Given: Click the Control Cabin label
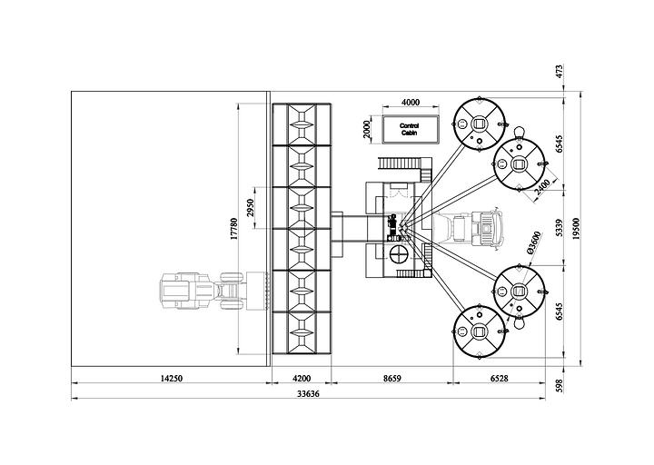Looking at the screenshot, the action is click(409, 129).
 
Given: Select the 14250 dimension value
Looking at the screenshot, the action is click(172, 378).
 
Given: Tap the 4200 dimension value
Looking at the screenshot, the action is click(302, 378).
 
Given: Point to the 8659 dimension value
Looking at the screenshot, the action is click(392, 378).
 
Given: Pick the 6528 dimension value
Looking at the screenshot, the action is click(500, 378).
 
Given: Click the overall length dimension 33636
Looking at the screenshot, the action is click(308, 393).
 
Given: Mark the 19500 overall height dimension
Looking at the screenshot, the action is click(577, 229).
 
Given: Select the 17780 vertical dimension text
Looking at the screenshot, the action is click(234, 229).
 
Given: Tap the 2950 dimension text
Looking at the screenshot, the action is click(250, 208).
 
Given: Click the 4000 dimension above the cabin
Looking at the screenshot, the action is click(411, 103).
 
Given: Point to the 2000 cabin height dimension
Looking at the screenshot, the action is click(367, 129).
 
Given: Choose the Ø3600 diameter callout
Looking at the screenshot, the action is click(533, 242).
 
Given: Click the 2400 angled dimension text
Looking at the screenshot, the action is click(542, 187).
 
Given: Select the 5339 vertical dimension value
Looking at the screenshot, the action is click(560, 228).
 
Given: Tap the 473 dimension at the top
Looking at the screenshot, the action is click(560, 71).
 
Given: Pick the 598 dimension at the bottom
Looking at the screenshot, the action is click(560, 386).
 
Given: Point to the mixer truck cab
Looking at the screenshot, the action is click(486, 228).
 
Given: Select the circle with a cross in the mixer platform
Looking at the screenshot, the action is click(399, 254).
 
